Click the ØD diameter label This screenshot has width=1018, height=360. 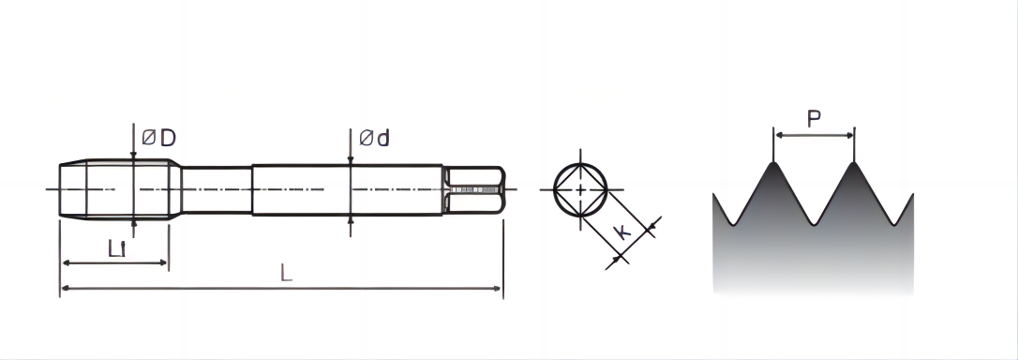pyautogui.click(x=159, y=138)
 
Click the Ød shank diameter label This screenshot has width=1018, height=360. pyautogui.click(x=375, y=138)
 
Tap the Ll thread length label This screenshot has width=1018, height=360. pyautogui.click(x=117, y=247)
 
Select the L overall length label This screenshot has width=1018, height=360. pyautogui.click(x=286, y=273)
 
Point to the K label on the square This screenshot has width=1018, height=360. pyautogui.click(x=622, y=232)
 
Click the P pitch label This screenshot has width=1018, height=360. pyautogui.click(x=814, y=119)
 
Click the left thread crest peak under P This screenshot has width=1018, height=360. pyautogui.click(x=773, y=162)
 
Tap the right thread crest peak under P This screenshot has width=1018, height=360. pyautogui.click(x=854, y=162)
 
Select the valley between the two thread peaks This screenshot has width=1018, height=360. pyautogui.click(x=814, y=224)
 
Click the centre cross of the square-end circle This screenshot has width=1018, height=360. pyautogui.click(x=580, y=189)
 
